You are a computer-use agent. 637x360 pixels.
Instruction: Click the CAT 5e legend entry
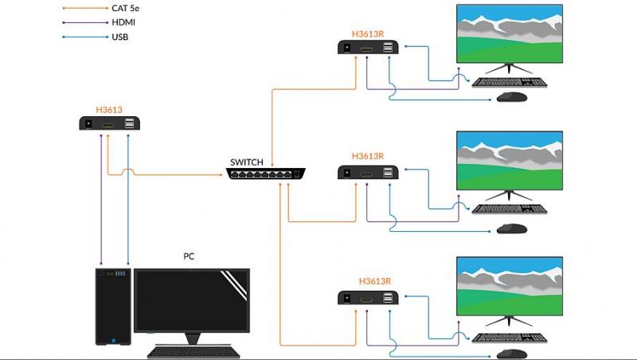pyautogui.click(x=129, y=8)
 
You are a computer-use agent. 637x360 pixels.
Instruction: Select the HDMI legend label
pyautogui.click(x=124, y=22)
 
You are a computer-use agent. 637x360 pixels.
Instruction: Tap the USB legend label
pyautogui.click(x=121, y=37)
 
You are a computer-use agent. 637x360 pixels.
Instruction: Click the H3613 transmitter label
pyautogui.click(x=109, y=110)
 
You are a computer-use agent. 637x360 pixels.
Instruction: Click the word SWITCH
pyautogui.click(x=246, y=162)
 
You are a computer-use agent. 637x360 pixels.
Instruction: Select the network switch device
pyautogui.click(x=264, y=174)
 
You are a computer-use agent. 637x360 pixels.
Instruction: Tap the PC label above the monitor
pyautogui.click(x=189, y=256)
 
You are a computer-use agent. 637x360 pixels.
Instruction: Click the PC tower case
pyautogui.click(x=112, y=307)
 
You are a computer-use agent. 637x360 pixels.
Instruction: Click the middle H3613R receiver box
pyautogui.click(x=367, y=172)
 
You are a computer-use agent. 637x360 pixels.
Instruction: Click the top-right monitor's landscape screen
pyautogui.click(x=509, y=33)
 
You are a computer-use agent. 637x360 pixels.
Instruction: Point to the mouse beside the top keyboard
pyautogui.click(x=512, y=97)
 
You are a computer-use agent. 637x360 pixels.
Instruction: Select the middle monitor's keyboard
pyautogui.click(x=509, y=209)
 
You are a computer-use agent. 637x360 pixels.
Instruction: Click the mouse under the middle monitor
pyautogui.click(x=512, y=229)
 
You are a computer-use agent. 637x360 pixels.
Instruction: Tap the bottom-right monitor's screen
pyautogui.click(x=509, y=286)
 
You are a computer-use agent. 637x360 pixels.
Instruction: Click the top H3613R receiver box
pyautogui.click(x=367, y=49)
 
